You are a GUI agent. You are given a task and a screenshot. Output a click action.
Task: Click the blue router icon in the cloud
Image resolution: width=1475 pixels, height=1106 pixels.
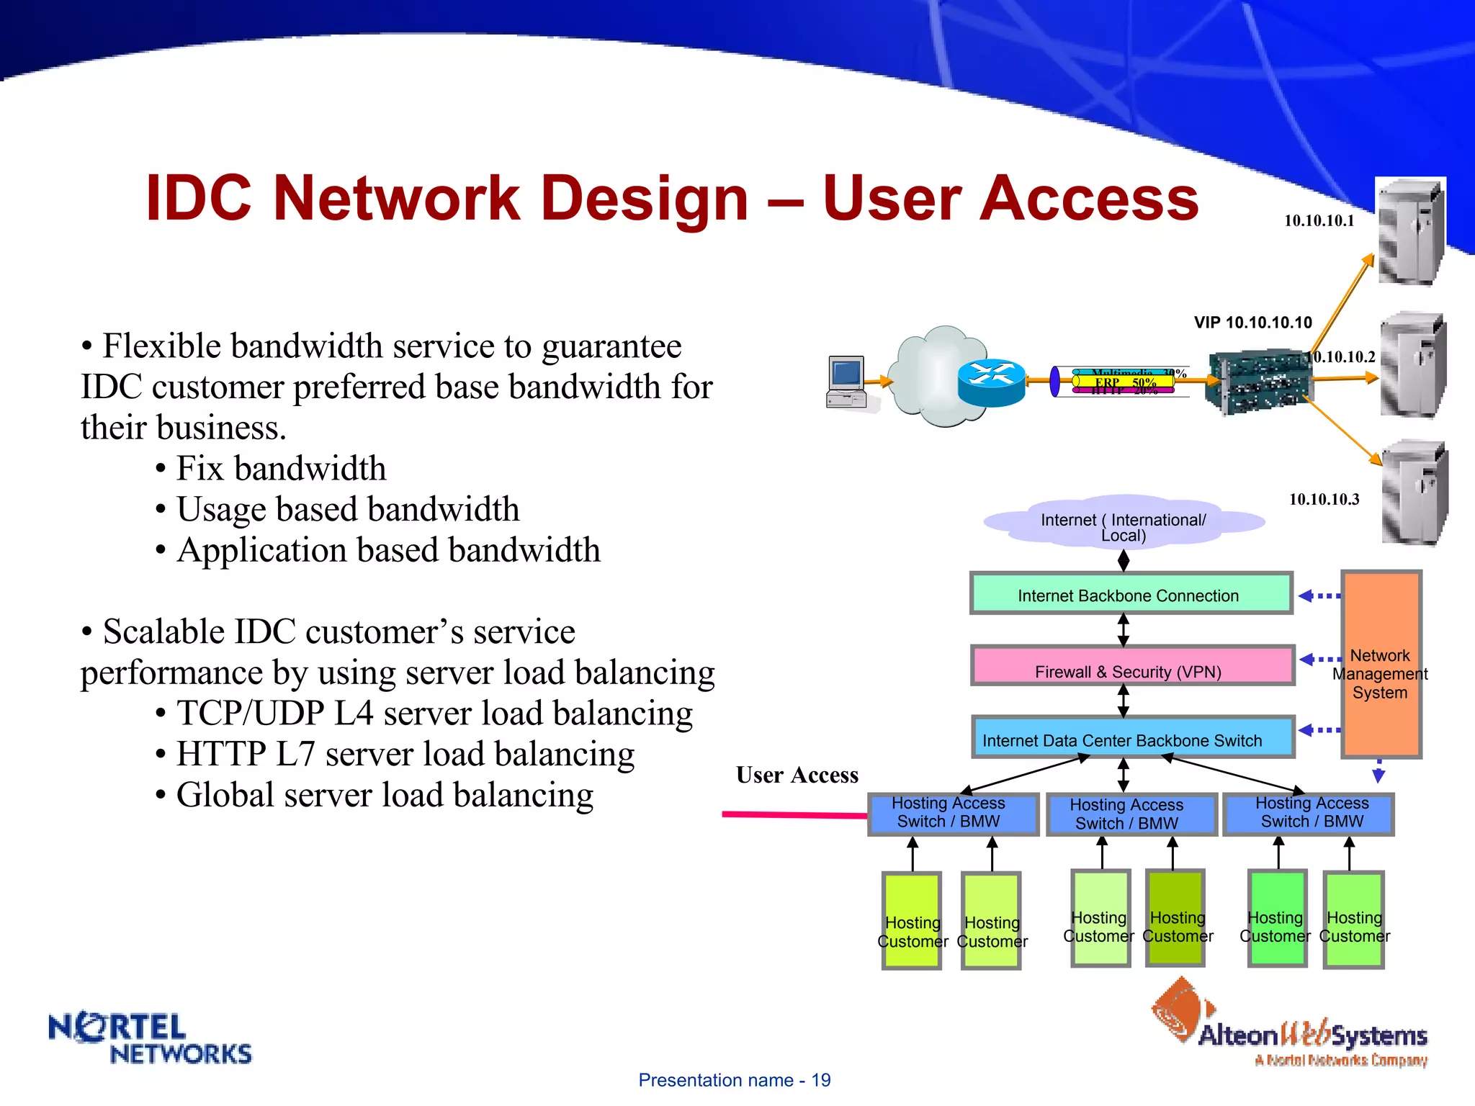point(992,382)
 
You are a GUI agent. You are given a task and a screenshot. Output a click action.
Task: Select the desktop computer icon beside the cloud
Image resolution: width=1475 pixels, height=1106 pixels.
point(847,382)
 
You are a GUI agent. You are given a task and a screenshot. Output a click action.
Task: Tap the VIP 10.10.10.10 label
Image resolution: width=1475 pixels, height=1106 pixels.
point(1252,323)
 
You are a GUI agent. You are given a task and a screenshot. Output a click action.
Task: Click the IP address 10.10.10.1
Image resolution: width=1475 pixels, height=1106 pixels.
point(1319,221)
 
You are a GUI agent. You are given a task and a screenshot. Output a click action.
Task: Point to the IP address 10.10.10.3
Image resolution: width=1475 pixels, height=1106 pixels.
point(1324,500)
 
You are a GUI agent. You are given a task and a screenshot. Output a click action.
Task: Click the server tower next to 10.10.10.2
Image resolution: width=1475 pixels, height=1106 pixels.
point(1412,365)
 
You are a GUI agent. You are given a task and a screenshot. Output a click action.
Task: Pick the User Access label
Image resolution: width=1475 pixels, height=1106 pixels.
point(797,775)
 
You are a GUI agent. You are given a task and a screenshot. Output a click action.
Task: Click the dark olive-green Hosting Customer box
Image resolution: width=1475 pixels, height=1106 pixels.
point(1176,917)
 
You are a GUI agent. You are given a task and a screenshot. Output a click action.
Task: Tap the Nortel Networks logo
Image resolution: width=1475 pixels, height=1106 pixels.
point(149,1038)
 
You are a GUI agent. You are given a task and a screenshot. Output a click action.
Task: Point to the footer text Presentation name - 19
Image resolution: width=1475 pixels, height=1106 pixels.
point(734,1080)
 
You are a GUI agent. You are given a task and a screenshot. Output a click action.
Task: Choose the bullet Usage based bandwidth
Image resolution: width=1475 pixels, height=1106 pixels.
point(347,510)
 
